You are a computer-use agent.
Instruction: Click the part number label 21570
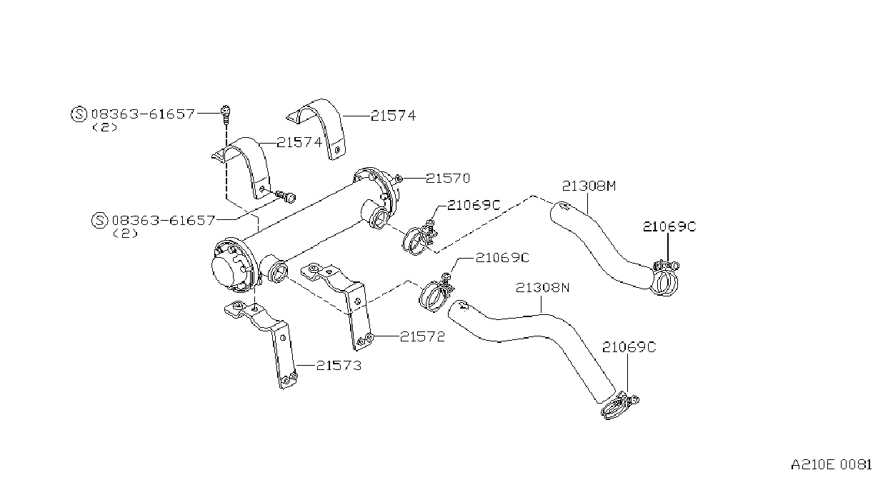[448, 179]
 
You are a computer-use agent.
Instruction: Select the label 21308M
[589, 186]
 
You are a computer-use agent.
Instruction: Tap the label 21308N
[542, 288]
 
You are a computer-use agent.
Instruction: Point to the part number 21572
[422, 336]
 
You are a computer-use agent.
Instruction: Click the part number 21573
[339, 366]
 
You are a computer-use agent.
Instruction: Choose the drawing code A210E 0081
[831, 465]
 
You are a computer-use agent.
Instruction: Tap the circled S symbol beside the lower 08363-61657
[99, 220]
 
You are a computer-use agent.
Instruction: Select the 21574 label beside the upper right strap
[393, 116]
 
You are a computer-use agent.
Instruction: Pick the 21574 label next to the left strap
[299, 142]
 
